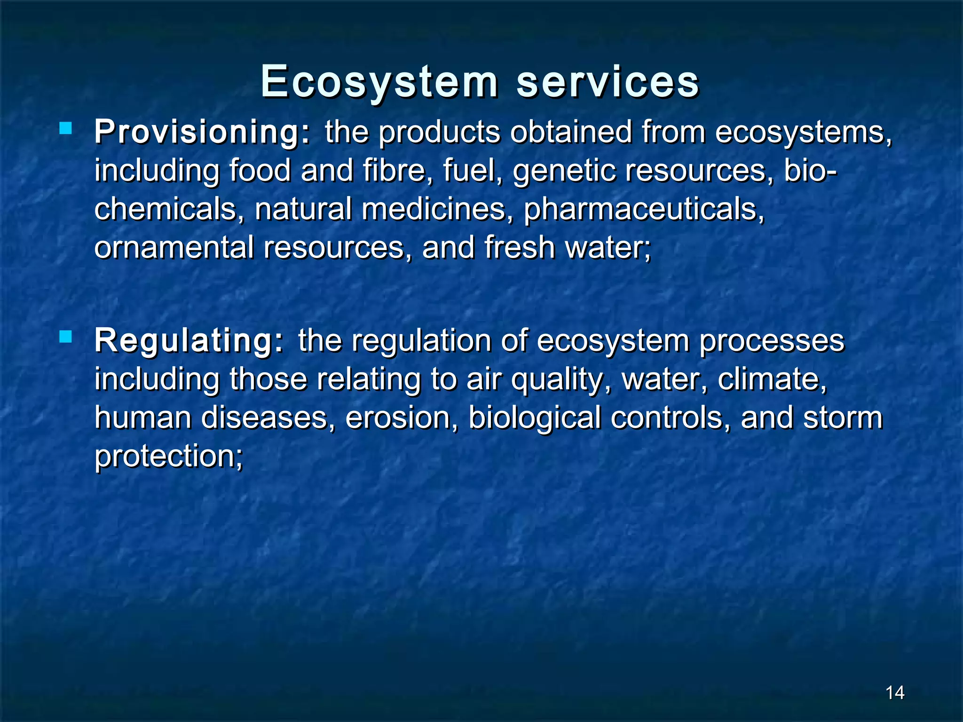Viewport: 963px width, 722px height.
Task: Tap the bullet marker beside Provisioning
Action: (x=65, y=128)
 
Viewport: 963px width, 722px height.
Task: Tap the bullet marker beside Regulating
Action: (x=65, y=337)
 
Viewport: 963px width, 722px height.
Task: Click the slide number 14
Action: (x=894, y=692)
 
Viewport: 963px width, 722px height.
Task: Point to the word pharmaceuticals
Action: (x=644, y=209)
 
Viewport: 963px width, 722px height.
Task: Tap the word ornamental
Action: (x=174, y=248)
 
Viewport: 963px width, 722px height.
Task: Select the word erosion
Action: (x=402, y=418)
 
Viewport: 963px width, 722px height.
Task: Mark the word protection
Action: (x=168, y=456)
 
